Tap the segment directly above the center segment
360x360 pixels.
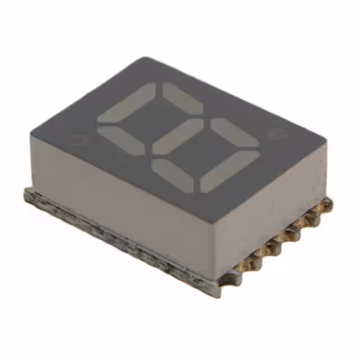(x=182, y=97)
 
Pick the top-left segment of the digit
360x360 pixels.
(x=127, y=102)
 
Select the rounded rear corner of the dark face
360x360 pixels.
(x=145, y=59)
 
